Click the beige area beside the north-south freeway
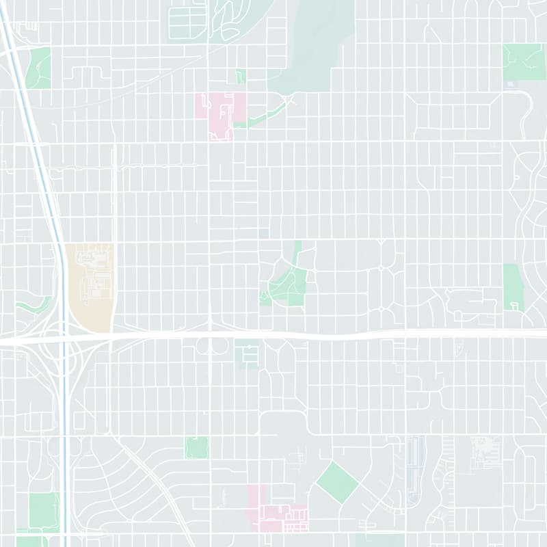[x=89, y=287]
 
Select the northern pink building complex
[x=222, y=113]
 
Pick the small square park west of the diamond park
[x=196, y=447]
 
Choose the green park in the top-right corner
[x=524, y=62]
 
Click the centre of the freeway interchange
[x=64, y=336]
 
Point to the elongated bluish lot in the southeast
[x=414, y=472]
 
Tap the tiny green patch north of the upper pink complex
[x=240, y=77]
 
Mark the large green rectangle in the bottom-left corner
[x=44, y=509]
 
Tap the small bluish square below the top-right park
[x=510, y=85]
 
